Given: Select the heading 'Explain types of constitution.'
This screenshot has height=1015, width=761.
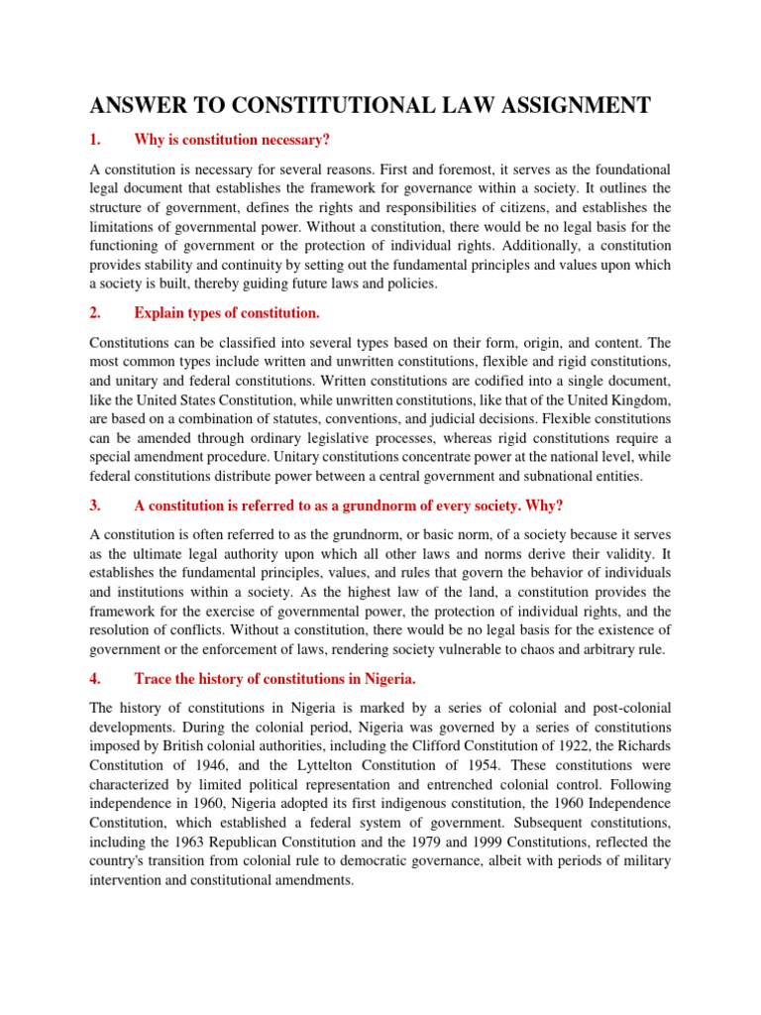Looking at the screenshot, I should (227, 313).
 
